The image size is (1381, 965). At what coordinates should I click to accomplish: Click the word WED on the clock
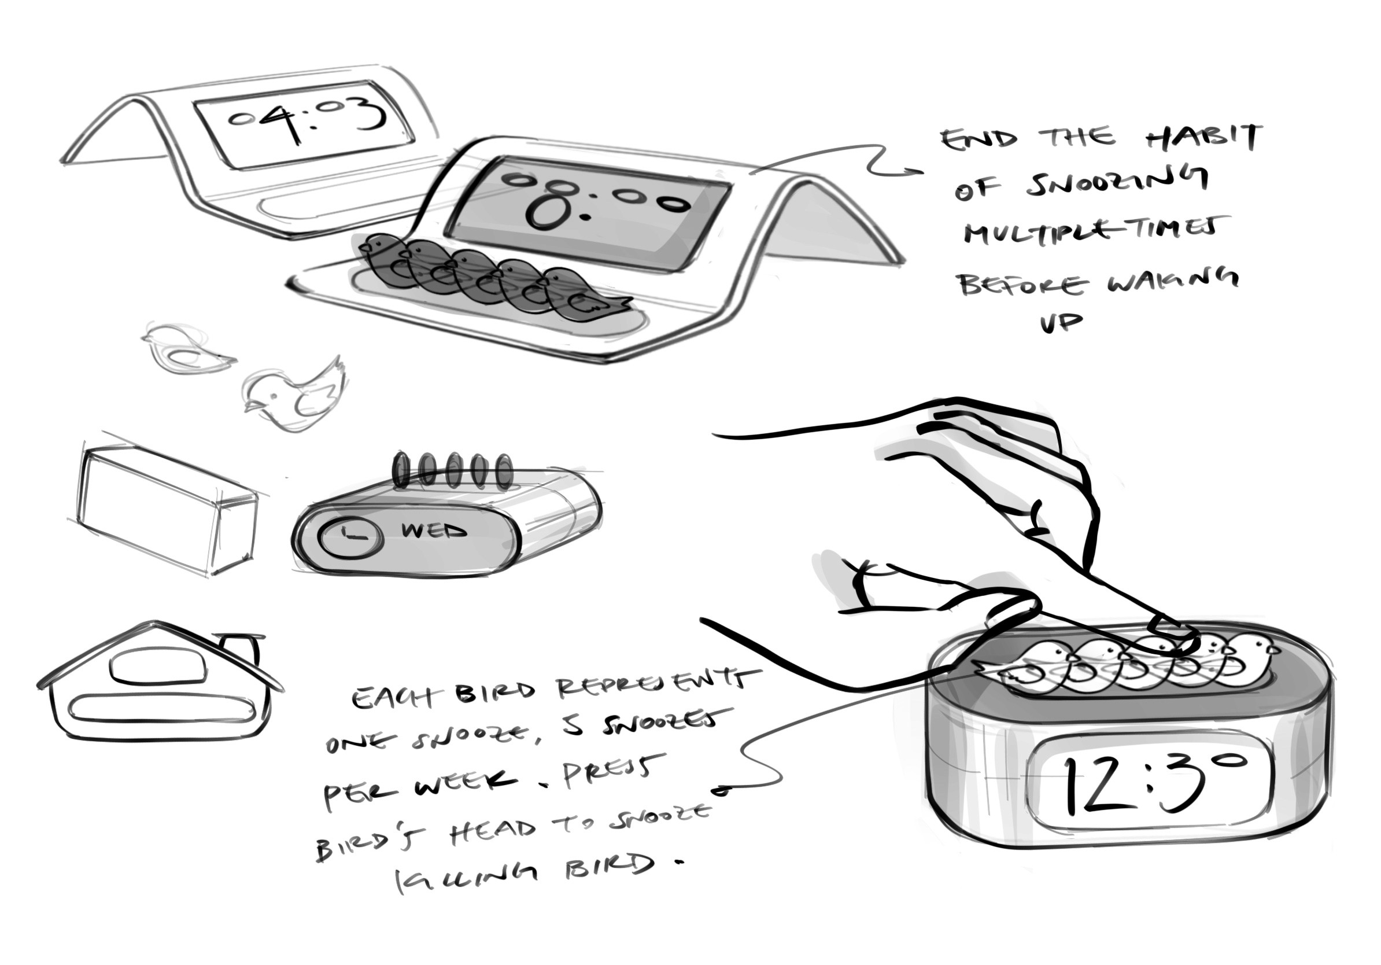[x=434, y=532]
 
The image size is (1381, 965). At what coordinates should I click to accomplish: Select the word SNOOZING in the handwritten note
[x=1116, y=183]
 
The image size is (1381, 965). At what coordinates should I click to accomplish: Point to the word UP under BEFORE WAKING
[x=1062, y=323]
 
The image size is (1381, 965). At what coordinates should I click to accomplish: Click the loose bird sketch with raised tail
[x=295, y=395]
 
